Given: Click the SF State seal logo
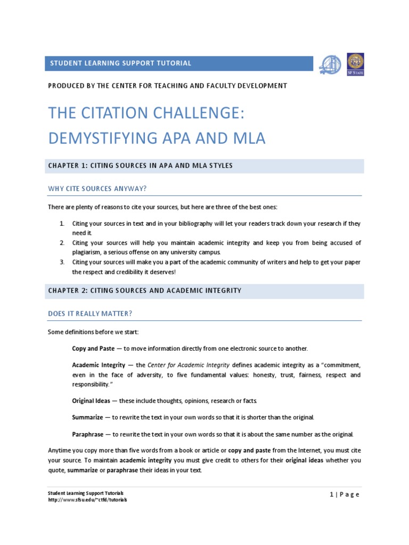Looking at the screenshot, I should click(355, 64).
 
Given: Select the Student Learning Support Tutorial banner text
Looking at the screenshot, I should click(120, 63).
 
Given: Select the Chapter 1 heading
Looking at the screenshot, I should click(140, 166).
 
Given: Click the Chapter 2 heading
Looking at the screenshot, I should click(144, 291).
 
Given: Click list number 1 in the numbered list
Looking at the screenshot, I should click(62, 224).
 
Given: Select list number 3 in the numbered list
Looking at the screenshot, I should click(62, 262).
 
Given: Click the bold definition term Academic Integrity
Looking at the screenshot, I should click(101, 365).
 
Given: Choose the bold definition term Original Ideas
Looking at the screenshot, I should click(91, 400).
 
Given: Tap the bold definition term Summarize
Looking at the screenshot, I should click(87, 417).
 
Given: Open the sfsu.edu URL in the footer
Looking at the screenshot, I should click(87, 500).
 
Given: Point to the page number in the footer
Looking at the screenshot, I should click(345, 494).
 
